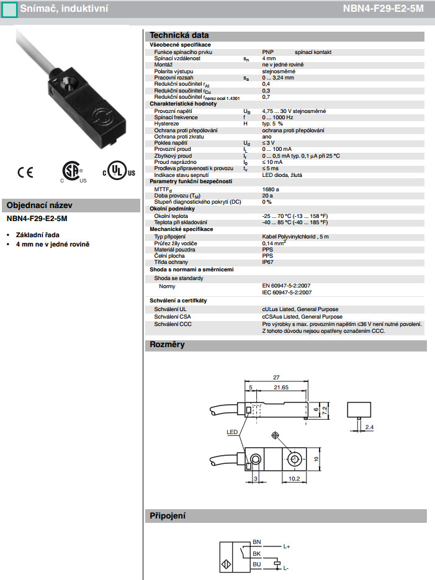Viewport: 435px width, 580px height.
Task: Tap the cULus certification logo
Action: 118,171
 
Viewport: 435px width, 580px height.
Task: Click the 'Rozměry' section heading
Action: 168,345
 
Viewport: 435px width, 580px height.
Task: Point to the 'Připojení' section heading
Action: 168,516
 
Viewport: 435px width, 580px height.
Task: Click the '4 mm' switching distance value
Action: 269,58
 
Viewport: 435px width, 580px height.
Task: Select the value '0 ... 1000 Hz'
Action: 278,117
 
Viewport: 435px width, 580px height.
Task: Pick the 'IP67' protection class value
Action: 268,263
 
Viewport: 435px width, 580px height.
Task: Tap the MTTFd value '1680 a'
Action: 271,189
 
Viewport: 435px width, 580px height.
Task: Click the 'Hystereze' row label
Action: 167,124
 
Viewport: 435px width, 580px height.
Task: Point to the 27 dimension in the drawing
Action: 276,377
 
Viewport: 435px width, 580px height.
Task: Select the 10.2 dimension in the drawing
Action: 295,479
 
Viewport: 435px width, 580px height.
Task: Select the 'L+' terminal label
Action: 287,546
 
